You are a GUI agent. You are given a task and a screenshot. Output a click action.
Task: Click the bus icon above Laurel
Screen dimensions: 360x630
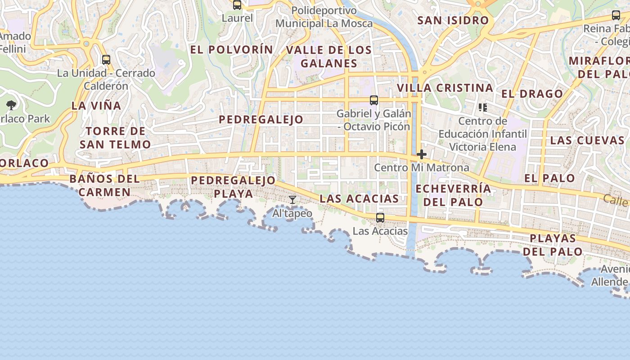point(237,5)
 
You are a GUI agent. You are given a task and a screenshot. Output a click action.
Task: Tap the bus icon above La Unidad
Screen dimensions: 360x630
point(106,59)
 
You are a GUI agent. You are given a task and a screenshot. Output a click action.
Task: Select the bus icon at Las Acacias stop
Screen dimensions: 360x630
point(380,218)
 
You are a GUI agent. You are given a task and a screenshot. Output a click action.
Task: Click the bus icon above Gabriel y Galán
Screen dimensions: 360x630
point(374,100)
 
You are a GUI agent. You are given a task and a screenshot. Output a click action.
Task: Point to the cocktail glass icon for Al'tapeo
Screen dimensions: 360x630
point(292,199)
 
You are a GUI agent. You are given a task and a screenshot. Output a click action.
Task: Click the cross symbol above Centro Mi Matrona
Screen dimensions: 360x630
point(422,154)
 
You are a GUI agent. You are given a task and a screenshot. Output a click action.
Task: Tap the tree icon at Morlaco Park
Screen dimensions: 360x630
point(11,105)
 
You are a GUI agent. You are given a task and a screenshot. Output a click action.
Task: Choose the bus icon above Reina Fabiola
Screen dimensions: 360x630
point(616,15)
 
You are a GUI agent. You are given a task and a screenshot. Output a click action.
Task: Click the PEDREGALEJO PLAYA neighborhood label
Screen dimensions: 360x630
point(233,187)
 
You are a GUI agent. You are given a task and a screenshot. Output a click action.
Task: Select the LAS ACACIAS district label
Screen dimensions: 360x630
point(359,198)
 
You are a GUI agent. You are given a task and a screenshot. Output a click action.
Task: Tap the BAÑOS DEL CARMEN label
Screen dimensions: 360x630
point(105,185)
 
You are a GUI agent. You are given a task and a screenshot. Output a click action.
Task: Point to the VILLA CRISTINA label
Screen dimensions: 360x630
point(445,88)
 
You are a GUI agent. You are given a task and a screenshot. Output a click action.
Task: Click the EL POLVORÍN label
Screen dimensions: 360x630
point(231,49)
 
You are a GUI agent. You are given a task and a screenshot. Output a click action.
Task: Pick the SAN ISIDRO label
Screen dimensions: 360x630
point(453,20)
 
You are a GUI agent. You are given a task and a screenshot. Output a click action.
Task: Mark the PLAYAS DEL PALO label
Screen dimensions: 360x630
point(553,245)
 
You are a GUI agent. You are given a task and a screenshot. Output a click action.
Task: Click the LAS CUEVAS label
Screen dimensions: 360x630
point(587,140)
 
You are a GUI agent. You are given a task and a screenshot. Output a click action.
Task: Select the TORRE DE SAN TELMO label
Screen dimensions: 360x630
point(115,138)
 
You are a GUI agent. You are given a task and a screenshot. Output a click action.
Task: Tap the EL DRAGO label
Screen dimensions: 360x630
point(532,94)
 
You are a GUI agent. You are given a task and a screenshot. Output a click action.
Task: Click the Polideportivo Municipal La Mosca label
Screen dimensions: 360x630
point(324,17)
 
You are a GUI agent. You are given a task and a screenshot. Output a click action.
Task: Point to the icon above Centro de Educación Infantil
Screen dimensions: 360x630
point(482,107)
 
